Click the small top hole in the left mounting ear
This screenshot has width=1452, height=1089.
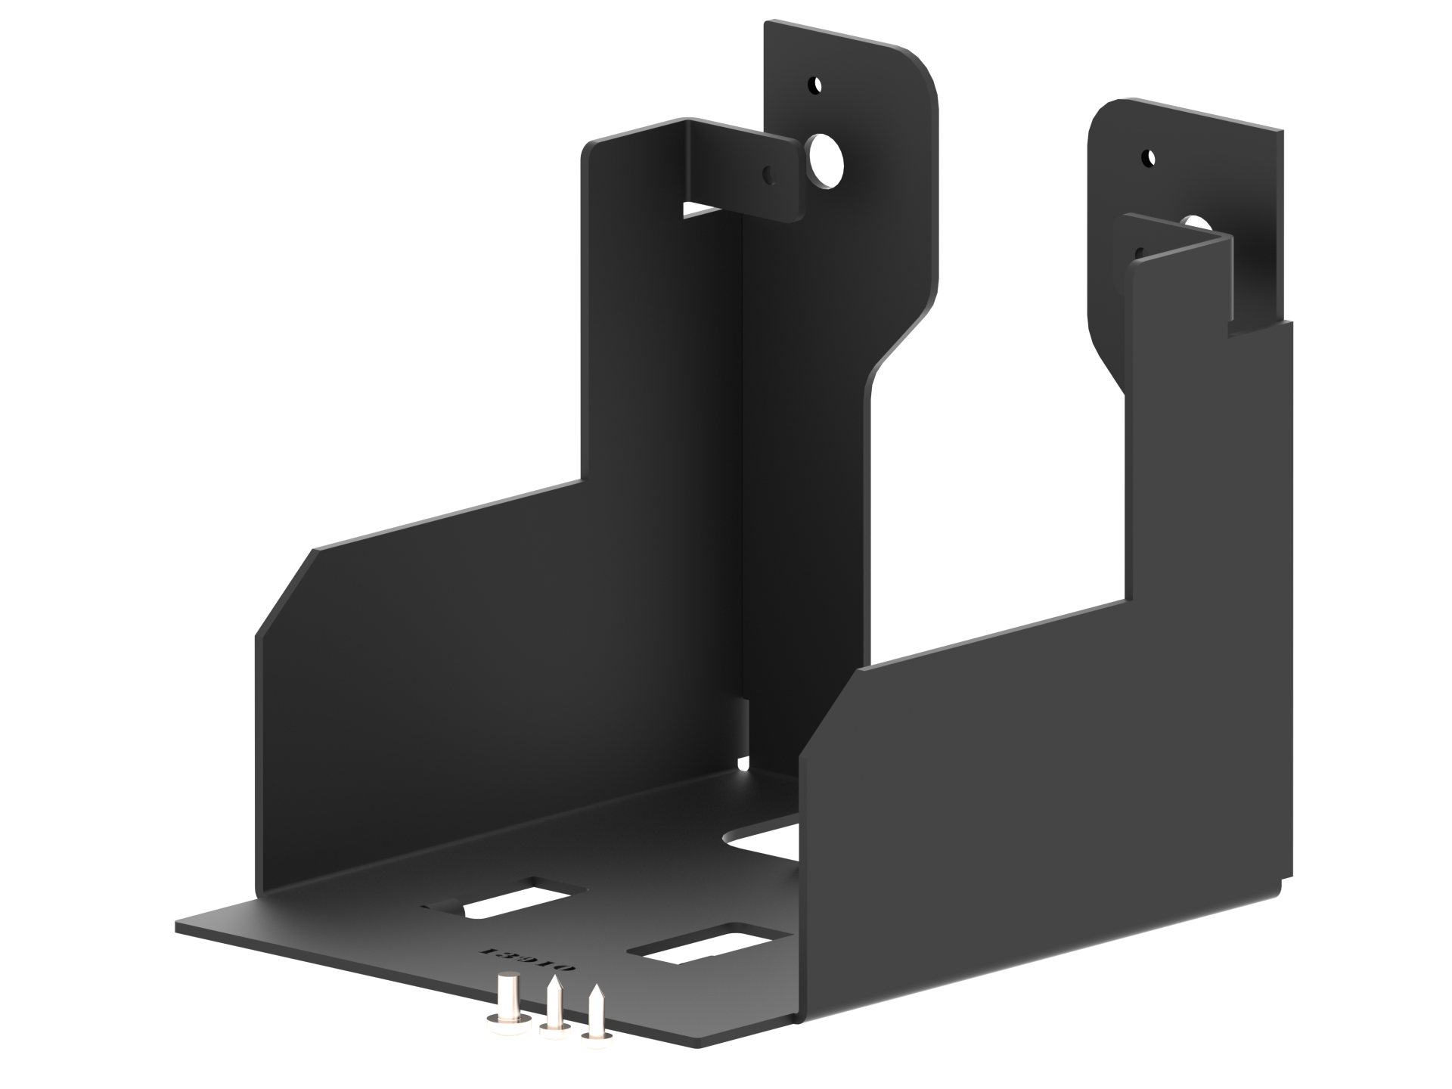(814, 85)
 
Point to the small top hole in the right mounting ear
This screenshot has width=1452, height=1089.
(1149, 158)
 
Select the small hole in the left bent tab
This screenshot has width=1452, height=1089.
(769, 175)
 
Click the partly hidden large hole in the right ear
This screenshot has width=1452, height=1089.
(1195, 222)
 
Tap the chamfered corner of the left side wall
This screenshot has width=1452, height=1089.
(284, 594)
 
